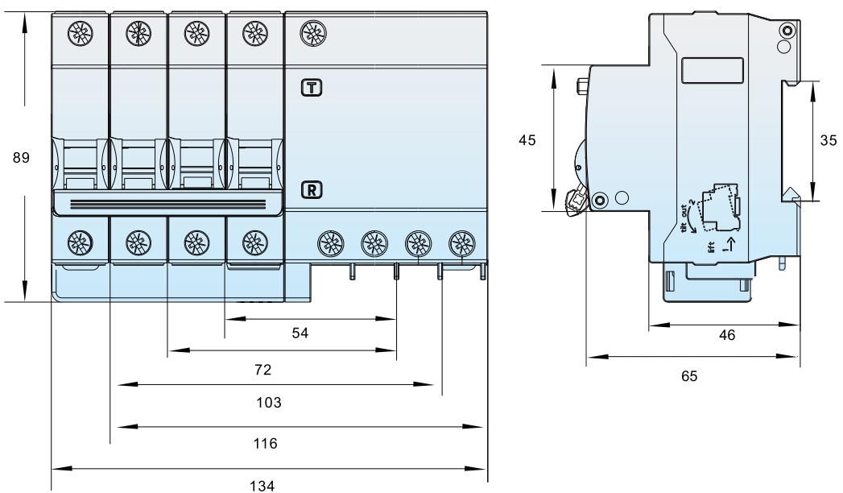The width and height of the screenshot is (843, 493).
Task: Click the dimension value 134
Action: click(267, 485)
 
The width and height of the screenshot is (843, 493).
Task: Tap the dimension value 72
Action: click(262, 371)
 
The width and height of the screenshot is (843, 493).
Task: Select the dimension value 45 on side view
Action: click(527, 140)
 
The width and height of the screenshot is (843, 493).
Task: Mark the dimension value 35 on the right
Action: click(828, 140)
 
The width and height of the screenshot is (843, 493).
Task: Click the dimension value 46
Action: click(727, 335)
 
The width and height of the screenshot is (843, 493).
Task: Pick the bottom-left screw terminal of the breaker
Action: click(80, 239)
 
